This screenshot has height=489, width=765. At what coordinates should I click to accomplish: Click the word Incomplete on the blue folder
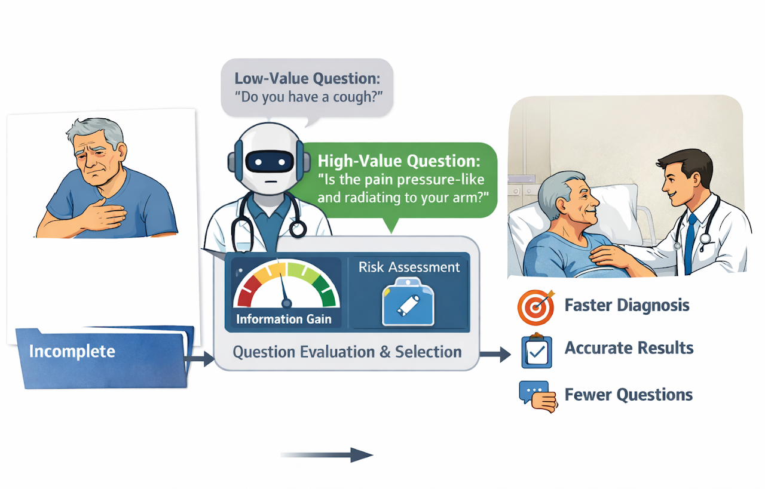tap(72, 351)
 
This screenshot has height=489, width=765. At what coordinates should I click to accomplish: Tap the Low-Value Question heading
tap(307, 78)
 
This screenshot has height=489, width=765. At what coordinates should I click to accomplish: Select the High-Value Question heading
tap(399, 161)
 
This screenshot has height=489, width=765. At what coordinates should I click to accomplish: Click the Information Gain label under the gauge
tap(284, 319)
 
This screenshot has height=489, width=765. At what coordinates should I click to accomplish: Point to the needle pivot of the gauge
tap(286, 303)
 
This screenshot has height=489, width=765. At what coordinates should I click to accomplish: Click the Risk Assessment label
tap(409, 267)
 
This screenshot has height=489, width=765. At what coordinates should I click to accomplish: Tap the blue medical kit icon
tap(408, 302)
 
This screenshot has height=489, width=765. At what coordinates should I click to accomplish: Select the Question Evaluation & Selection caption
tap(347, 352)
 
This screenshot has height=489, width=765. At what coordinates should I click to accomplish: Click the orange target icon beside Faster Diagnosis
tap(535, 307)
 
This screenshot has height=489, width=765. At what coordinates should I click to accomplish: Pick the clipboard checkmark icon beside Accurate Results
tap(537, 351)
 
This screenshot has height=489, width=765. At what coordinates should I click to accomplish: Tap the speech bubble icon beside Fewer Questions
tap(538, 396)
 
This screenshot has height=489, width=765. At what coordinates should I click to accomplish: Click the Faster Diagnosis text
tap(627, 305)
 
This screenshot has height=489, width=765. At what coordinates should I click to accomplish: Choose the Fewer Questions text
tap(628, 395)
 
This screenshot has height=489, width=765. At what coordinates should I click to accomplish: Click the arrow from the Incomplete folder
tap(199, 359)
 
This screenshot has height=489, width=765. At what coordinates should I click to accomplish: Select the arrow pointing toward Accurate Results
tap(495, 354)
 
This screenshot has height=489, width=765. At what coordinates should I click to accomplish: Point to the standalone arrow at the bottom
tap(327, 455)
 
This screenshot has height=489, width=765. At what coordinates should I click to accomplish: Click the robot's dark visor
tap(270, 161)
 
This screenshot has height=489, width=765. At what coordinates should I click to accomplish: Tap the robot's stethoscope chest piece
tap(298, 229)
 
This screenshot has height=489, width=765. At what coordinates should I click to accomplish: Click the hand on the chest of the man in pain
tap(104, 214)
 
